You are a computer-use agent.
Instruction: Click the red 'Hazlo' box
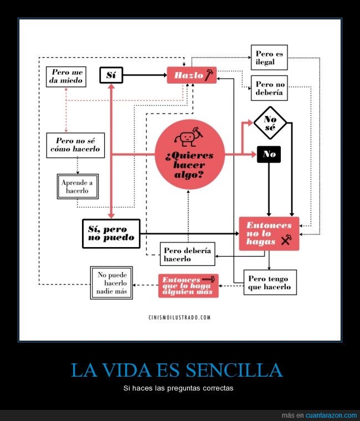click(192, 75)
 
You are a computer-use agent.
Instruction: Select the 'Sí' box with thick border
click(111, 75)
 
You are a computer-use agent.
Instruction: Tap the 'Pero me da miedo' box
click(66, 77)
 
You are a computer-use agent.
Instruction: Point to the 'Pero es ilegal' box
click(269, 58)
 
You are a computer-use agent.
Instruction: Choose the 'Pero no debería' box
click(269, 88)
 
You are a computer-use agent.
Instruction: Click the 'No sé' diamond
click(270, 123)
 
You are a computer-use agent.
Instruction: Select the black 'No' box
click(269, 155)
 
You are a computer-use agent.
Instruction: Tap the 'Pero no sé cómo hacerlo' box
click(75, 145)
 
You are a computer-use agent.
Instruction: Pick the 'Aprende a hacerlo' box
click(78, 187)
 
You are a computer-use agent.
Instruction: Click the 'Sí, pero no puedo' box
click(111, 234)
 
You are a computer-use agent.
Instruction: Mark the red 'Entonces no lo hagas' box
click(269, 234)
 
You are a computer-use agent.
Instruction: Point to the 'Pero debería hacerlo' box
click(187, 254)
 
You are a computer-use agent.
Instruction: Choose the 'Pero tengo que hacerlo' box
click(270, 283)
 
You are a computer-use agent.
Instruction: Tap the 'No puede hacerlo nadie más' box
click(111, 283)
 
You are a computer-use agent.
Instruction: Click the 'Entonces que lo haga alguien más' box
click(188, 286)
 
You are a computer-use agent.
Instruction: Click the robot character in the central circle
click(188, 136)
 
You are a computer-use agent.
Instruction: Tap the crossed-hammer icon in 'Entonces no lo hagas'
click(286, 240)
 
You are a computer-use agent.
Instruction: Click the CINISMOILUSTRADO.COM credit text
click(179, 317)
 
